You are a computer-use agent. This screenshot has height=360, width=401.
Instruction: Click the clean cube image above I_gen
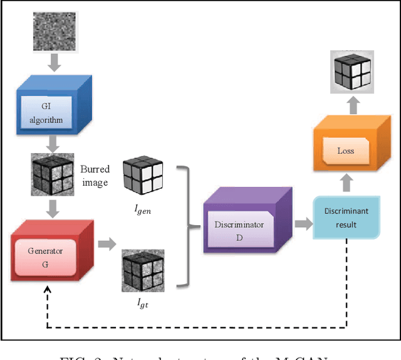pyautogui.click(x=143, y=176)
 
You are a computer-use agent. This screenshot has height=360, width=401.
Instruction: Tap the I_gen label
pyautogui.click(x=142, y=210)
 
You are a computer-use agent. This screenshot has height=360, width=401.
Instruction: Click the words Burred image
pyautogui.click(x=95, y=176)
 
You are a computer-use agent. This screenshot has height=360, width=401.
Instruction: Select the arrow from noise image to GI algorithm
pyautogui.click(x=53, y=63)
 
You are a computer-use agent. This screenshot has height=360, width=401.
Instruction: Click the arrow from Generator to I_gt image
pyautogui.click(x=107, y=245)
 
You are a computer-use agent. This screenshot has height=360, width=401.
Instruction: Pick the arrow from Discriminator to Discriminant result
pyautogui.click(x=303, y=223)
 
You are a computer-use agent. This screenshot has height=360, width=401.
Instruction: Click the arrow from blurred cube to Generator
pyautogui.click(x=53, y=207)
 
